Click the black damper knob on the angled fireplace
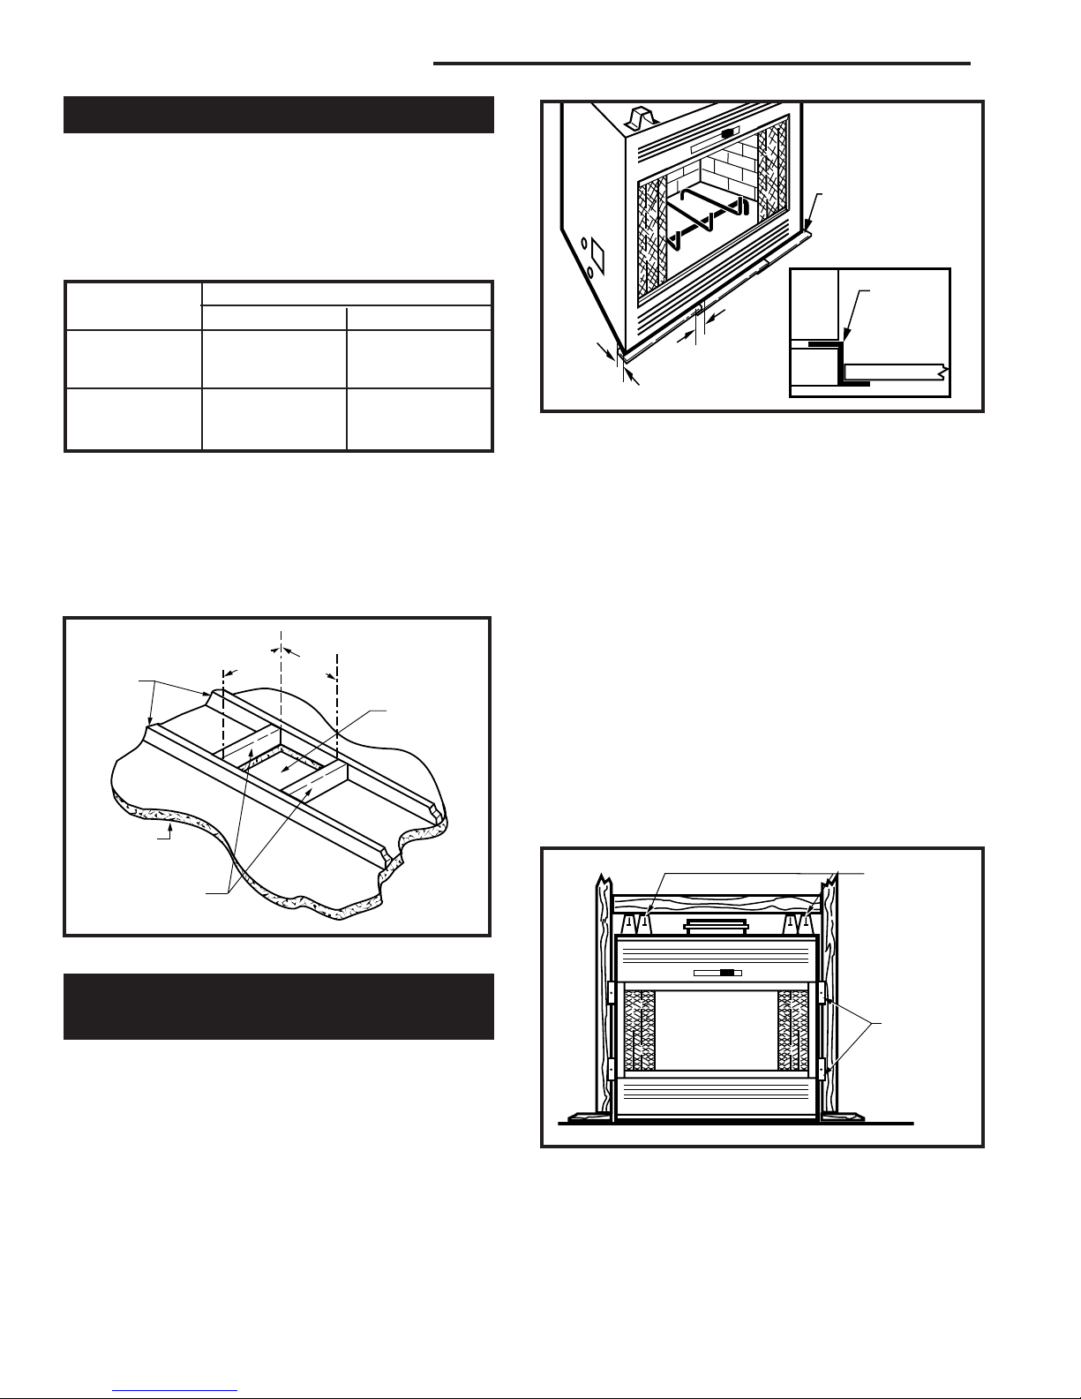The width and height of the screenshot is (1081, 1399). coord(728,135)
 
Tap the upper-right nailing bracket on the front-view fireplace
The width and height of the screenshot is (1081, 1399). coord(822,992)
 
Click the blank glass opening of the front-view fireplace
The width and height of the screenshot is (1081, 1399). coord(716,1028)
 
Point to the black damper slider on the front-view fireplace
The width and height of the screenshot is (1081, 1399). coord(726,974)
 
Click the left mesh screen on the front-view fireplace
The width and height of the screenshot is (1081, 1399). coord(640,1028)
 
